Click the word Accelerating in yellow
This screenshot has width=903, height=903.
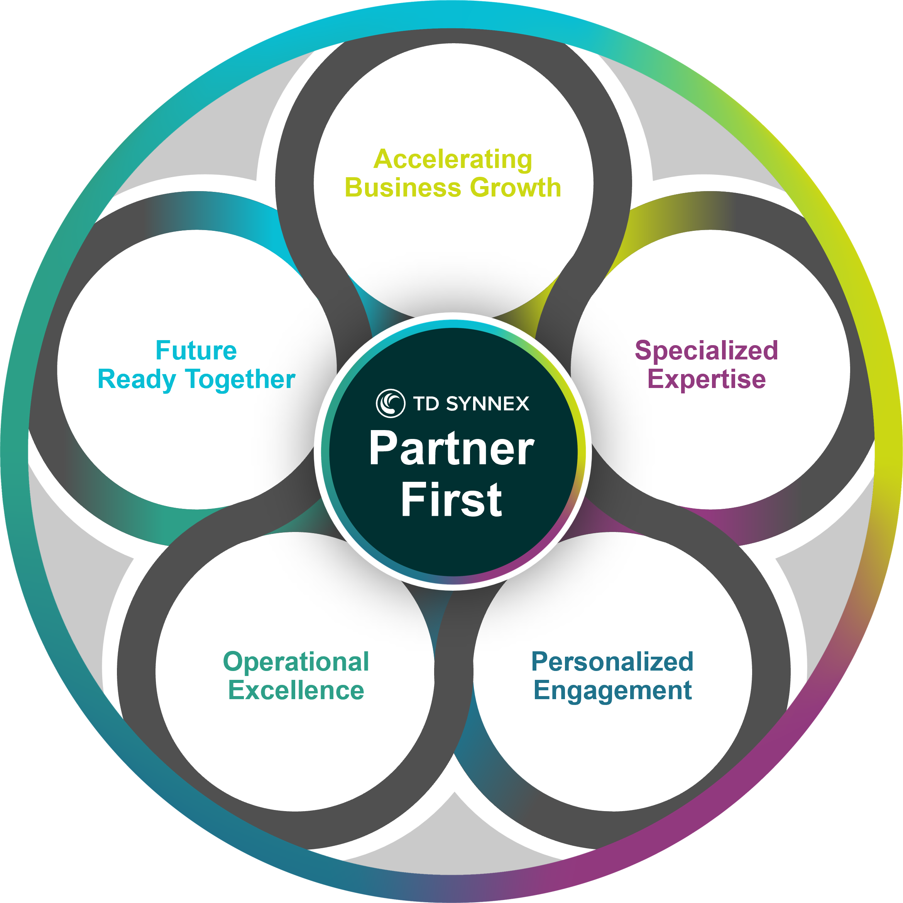(452, 160)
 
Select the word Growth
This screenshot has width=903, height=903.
(516, 188)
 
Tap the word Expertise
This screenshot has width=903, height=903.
(706, 379)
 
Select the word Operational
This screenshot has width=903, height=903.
(296, 662)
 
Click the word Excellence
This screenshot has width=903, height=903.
(296, 691)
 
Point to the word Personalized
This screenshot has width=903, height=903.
(612, 662)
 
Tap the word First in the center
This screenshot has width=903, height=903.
(451, 500)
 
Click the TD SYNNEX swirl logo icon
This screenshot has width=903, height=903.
(390, 403)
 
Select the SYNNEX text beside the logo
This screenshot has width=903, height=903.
(487, 403)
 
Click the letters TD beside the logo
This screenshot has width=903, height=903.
(426, 403)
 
